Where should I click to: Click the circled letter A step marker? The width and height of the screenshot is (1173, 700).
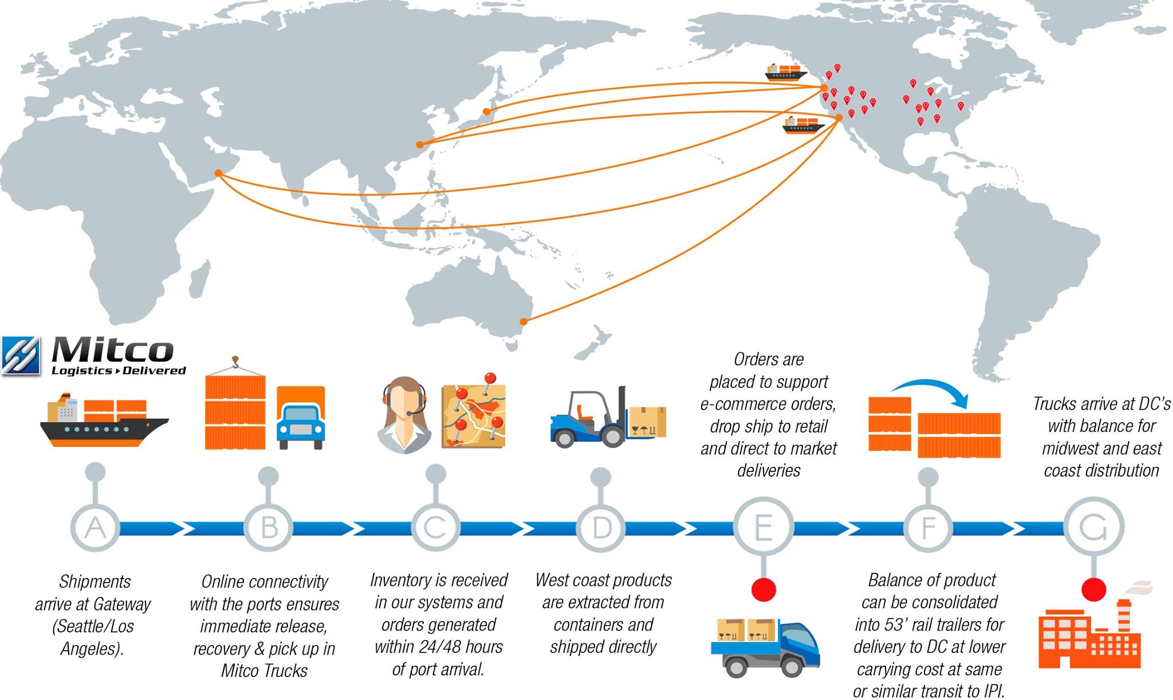pos(95,527)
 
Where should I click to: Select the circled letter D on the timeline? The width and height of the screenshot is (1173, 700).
pos(601,527)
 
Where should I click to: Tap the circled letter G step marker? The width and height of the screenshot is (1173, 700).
pos(1093,527)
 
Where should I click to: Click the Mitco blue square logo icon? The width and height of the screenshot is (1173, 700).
pos(21,355)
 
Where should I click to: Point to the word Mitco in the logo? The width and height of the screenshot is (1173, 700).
pos(113,349)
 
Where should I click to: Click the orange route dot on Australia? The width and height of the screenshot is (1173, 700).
pos(523,321)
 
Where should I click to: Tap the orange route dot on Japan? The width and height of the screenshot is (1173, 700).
pos(486,112)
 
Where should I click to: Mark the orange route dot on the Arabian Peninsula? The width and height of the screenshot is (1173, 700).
pos(218,173)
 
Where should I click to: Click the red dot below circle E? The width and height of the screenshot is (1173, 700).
pos(763,589)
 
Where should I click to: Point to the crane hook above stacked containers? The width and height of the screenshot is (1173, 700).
pos(234,362)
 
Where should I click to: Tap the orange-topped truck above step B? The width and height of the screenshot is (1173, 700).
pos(301,418)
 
